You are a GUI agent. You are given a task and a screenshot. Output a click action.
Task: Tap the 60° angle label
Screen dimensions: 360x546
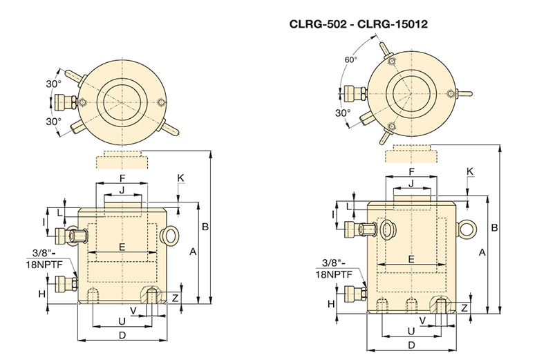[x=351, y=59]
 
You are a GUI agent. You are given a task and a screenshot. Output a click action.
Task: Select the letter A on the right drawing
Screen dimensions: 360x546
[x=482, y=253]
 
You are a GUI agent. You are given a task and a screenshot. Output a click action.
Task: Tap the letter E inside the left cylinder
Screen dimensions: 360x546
[x=122, y=247]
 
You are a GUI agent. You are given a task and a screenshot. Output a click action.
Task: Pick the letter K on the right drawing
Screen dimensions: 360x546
[x=469, y=171]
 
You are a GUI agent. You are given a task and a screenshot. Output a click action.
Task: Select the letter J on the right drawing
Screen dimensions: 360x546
[x=411, y=183]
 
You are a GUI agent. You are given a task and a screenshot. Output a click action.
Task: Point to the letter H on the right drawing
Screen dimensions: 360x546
[x=331, y=303]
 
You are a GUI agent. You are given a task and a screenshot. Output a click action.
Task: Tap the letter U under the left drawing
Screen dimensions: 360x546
[x=122, y=321]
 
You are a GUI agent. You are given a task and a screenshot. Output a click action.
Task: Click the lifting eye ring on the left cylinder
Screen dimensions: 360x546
[x=169, y=236]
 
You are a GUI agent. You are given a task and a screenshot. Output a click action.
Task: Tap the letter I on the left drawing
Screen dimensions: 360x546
[x=44, y=221]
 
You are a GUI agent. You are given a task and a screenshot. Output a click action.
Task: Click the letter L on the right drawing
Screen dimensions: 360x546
[x=349, y=205]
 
